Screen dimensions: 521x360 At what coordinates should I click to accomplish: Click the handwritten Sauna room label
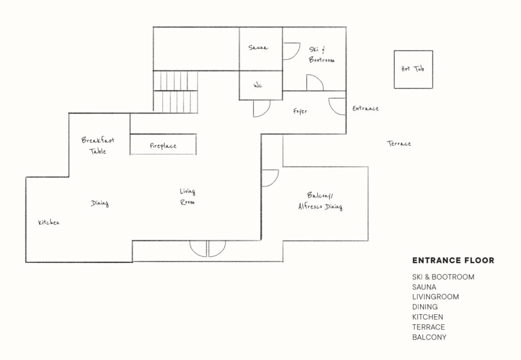(x=258, y=47)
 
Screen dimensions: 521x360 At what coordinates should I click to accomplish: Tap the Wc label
(x=258, y=86)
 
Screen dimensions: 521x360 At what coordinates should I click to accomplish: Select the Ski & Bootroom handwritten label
(x=322, y=54)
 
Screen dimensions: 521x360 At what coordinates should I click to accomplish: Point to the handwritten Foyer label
(x=300, y=112)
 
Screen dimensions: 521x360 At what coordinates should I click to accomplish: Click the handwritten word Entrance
(x=365, y=108)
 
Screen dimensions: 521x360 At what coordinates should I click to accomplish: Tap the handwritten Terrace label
(x=399, y=144)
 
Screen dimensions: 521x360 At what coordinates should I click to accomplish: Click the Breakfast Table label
(x=98, y=146)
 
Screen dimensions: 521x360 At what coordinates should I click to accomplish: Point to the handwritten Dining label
(x=100, y=203)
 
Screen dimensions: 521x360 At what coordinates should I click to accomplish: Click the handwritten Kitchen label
(x=49, y=223)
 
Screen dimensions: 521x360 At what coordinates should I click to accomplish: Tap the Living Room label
(x=188, y=197)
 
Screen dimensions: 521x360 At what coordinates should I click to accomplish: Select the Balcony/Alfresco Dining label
(x=321, y=201)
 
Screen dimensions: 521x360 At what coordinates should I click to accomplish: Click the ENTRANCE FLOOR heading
(x=453, y=261)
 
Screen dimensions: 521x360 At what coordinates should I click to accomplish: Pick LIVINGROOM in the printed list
(x=436, y=297)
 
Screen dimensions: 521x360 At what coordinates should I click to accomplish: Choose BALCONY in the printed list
(x=429, y=337)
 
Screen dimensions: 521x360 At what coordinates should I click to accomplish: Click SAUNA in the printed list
(x=424, y=287)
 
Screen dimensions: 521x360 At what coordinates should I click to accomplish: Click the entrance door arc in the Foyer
(x=333, y=109)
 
